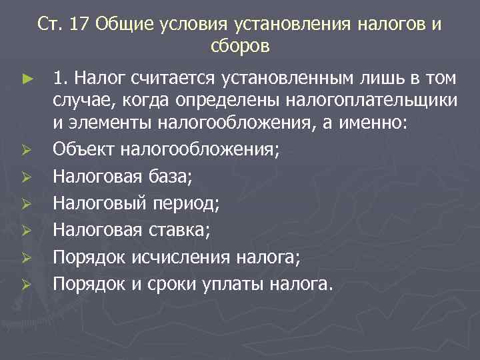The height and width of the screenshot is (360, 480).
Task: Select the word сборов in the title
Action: point(240,46)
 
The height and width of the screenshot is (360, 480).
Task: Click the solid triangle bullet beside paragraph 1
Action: point(26,79)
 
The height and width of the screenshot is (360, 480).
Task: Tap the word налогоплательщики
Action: point(371,101)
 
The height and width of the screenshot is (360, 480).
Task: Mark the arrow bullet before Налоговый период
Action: point(26,203)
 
